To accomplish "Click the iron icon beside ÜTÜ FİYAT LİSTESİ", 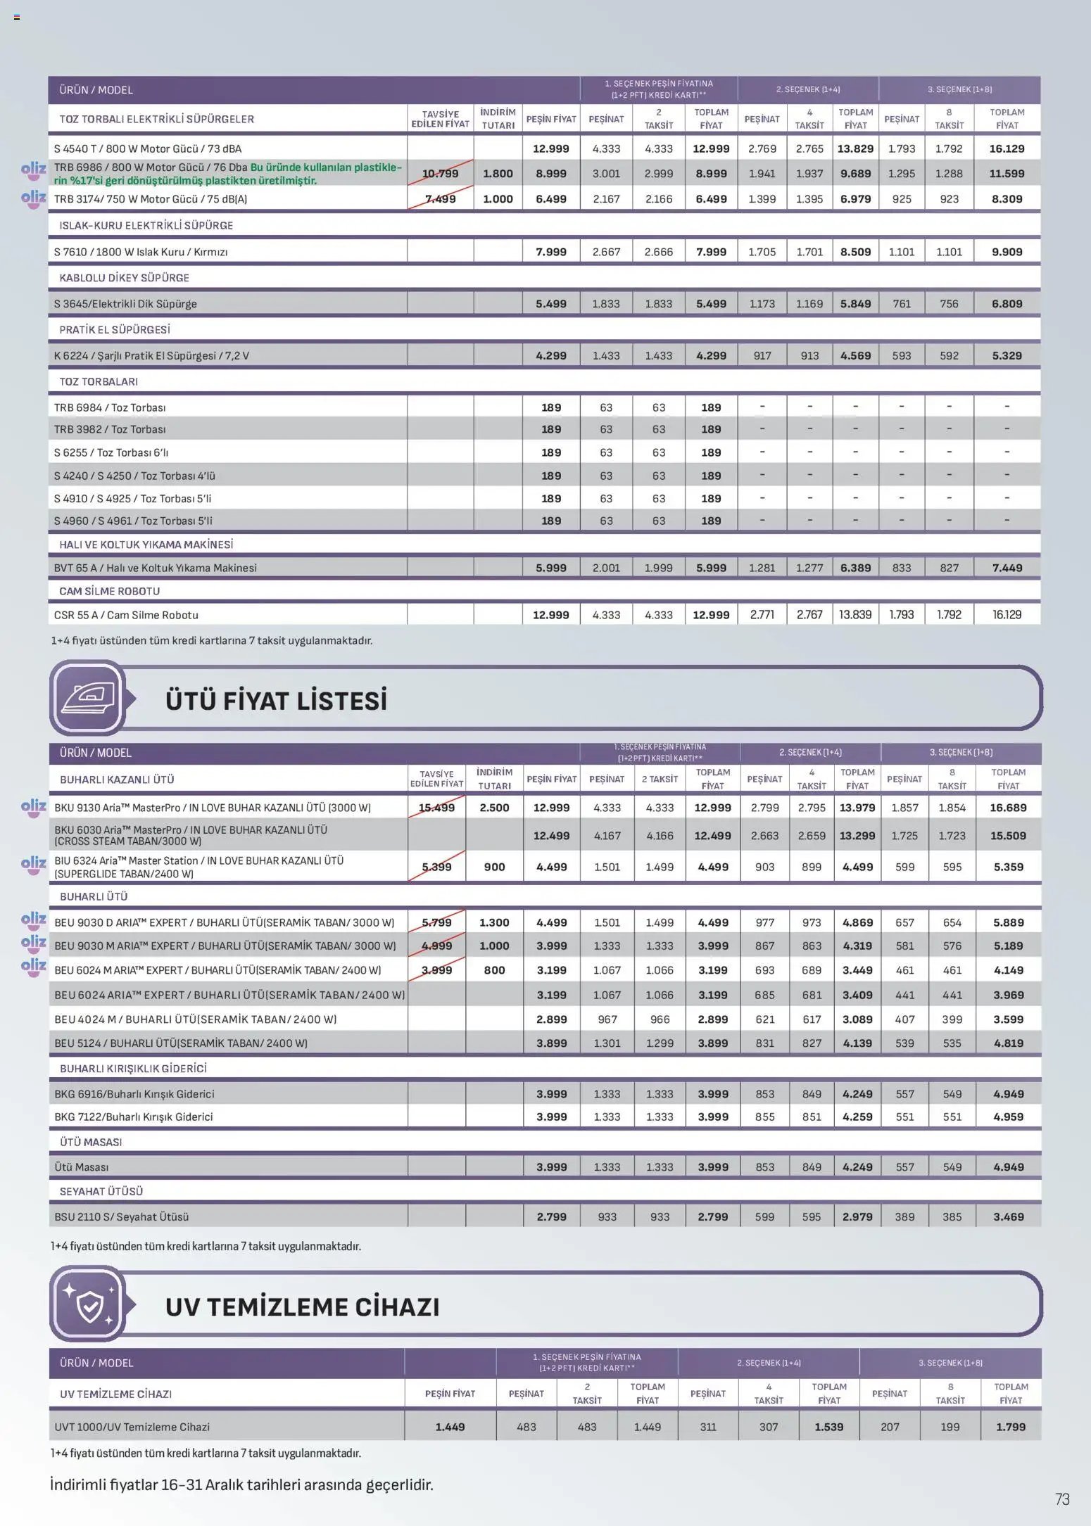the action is pyautogui.click(x=88, y=697).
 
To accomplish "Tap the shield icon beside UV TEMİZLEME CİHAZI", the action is pyautogui.click(x=89, y=1303).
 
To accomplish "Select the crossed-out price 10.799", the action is pyautogui.click(x=440, y=174).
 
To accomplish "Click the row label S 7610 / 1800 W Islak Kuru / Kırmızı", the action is pyautogui.click(x=141, y=252).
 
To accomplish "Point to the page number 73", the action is pyautogui.click(x=1062, y=1499).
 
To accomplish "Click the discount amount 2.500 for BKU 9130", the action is pyautogui.click(x=494, y=808).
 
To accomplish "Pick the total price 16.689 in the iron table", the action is pyautogui.click(x=1008, y=808).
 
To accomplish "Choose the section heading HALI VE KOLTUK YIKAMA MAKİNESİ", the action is pyautogui.click(x=146, y=545).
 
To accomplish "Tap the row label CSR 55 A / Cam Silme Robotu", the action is pyautogui.click(x=126, y=615).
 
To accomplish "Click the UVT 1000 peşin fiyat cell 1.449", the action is pyautogui.click(x=450, y=1427).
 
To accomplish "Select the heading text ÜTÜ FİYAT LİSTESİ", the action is pyautogui.click(x=276, y=701).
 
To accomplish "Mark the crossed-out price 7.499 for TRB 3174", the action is pyautogui.click(x=440, y=199).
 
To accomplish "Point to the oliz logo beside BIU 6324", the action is pyautogui.click(x=33, y=865).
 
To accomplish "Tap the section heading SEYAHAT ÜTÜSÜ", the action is pyautogui.click(x=101, y=1191).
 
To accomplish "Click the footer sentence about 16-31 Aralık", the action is pyautogui.click(x=241, y=1484).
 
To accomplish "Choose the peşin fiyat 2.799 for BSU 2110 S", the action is pyautogui.click(x=551, y=1216).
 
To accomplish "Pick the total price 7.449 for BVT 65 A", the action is pyautogui.click(x=1007, y=568).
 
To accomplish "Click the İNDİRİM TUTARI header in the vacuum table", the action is pyautogui.click(x=498, y=118).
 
